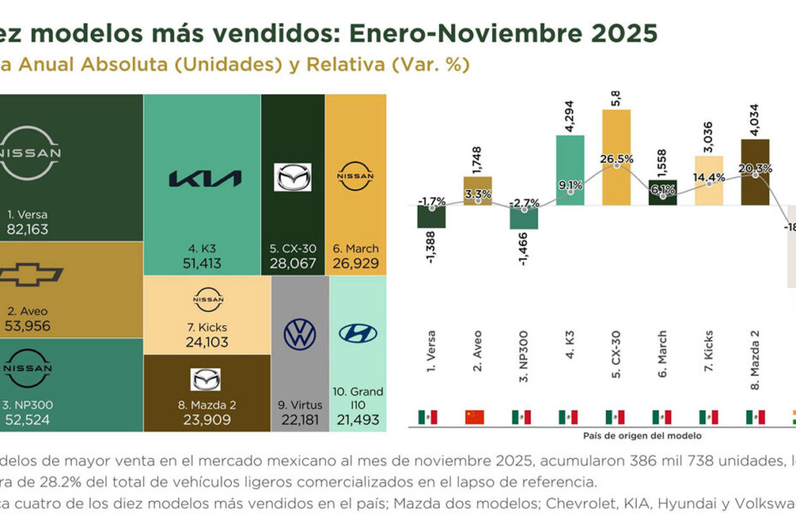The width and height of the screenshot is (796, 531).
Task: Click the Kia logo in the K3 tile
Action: (205, 178)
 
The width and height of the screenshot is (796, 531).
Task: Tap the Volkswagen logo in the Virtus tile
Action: (300, 334)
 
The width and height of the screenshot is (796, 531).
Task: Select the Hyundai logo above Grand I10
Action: (358, 333)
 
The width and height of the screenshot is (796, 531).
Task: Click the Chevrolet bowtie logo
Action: (30, 275)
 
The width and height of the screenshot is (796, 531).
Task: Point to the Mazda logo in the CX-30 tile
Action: (292, 177)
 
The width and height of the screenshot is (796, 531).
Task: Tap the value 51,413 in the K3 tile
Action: (201, 262)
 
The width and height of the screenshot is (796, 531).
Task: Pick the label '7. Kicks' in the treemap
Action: (200, 325)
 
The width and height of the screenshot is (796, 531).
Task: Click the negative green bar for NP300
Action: (524, 218)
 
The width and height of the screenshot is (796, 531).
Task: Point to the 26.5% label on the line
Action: (617, 159)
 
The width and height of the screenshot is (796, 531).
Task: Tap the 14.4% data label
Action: (709, 177)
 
